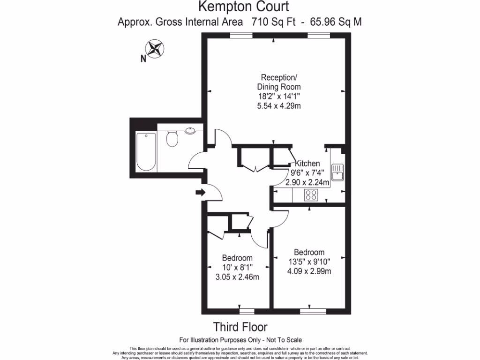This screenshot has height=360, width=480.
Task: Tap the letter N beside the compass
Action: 143,59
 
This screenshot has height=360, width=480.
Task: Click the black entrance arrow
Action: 200,192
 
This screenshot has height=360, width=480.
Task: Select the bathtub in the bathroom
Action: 145,151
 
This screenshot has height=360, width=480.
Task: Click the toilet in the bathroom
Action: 172,138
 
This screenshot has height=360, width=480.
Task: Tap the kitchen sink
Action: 337,172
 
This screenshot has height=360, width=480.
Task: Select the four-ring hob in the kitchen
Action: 311,195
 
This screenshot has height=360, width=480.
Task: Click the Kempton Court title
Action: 243,7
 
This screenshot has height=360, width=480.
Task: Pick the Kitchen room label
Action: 307,164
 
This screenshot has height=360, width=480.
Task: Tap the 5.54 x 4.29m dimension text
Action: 279,106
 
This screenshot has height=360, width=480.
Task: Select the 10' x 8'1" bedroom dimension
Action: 237,268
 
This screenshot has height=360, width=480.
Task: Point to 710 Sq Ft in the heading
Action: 273,22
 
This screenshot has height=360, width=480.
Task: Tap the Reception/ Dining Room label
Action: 279,82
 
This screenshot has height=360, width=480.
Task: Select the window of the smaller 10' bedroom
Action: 246,311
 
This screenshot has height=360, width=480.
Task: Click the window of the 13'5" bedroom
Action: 313,311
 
